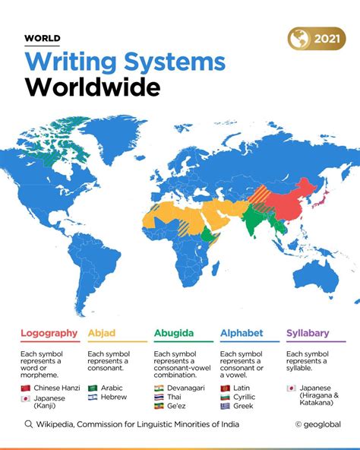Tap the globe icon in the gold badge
click(x=298, y=38)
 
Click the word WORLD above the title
click(x=43, y=38)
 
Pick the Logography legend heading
click(x=49, y=332)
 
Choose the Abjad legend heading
click(x=102, y=332)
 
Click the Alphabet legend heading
click(x=242, y=332)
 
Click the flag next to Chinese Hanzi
click(x=26, y=388)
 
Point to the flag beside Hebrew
click(x=93, y=397)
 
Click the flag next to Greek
click(x=226, y=406)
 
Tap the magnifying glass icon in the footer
click(x=29, y=425)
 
